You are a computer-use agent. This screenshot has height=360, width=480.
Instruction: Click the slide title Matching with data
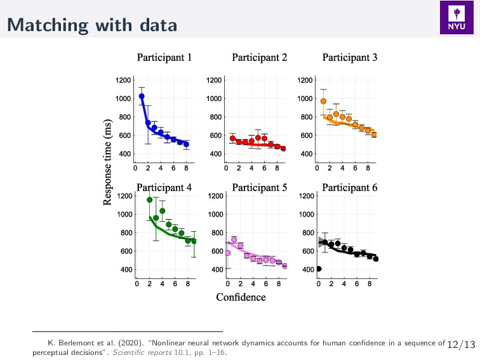pyautogui.click(x=92, y=25)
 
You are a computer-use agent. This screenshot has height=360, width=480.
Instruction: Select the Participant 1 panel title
pyautogui.click(x=164, y=58)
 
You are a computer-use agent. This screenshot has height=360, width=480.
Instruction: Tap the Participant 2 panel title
pyautogui.click(x=259, y=58)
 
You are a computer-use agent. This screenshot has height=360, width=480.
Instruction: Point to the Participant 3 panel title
pyautogui.click(x=350, y=58)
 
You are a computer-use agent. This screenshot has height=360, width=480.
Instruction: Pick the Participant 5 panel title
pyautogui.click(x=259, y=187)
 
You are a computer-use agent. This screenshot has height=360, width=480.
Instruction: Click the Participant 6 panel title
pyautogui.click(x=350, y=187)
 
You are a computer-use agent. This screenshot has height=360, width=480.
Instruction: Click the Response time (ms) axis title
pyautogui.click(x=109, y=161)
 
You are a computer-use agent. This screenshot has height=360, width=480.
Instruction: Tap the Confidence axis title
pyautogui.click(x=241, y=297)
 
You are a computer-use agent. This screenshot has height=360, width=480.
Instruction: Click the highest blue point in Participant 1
pyautogui.click(x=142, y=97)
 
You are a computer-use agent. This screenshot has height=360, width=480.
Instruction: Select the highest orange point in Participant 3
pyautogui.click(x=324, y=101)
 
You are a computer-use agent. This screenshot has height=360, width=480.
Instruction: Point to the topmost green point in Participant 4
pyautogui.click(x=149, y=200)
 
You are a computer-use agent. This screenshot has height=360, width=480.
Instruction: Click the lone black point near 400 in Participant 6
pyautogui.click(x=319, y=269)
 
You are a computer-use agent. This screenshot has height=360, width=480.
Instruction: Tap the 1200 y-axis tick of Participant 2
pyautogui.click(x=215, y=80)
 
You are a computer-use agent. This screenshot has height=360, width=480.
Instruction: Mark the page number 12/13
pyautogui.click(x=461, y=344)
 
